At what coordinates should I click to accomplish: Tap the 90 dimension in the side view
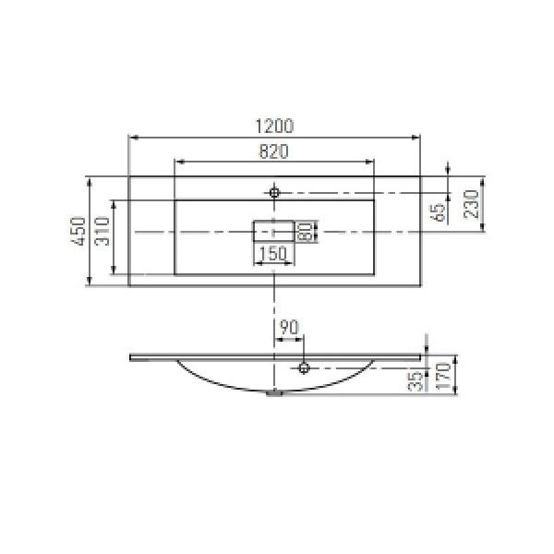click(x=288, y=326)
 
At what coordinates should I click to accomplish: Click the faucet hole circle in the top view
click(x=274, y=192)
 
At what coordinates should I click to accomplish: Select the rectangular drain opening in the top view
click(x=273, y=231)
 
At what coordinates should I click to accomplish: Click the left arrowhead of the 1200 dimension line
click(x=131, y=138)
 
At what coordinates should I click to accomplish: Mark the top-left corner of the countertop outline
click(x=128, y=176)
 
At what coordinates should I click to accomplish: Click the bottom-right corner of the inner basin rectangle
click(x=374, y=274)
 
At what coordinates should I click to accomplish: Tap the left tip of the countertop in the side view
click(x=130, y=355)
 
